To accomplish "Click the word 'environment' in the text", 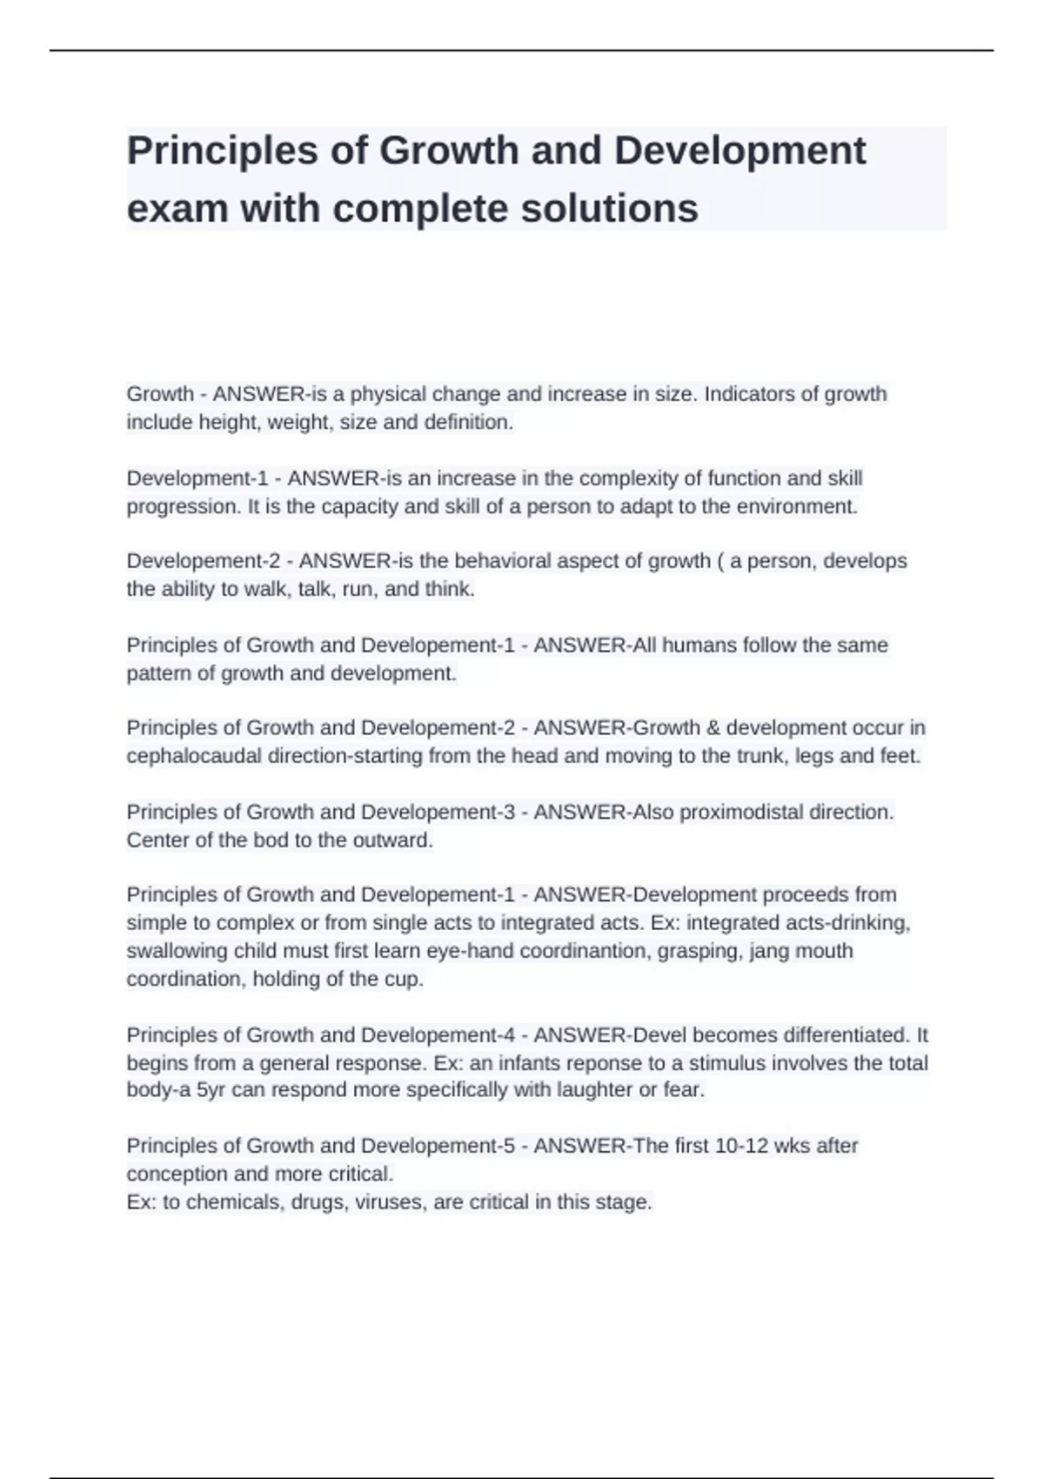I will click(x=795, y=506).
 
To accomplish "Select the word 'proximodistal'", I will click(x=741, y=812).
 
